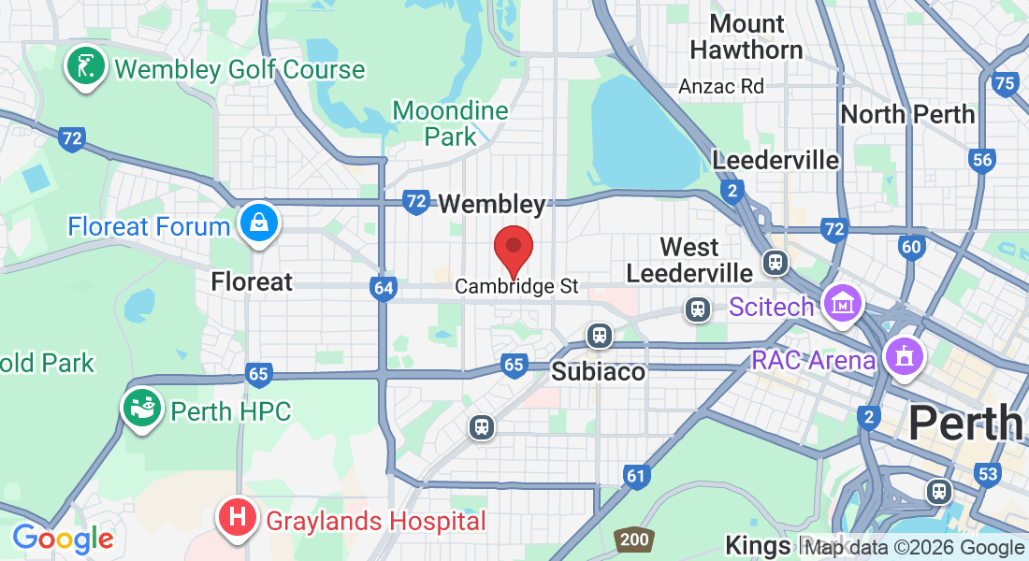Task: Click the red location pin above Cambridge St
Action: click(513, 248)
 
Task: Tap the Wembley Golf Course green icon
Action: click(85, 68)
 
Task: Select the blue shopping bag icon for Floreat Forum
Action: click(257, 224)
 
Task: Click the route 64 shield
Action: click(383, 287)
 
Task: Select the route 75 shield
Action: click(1005, 84)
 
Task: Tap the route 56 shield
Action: click(981, 160)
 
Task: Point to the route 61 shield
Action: click(636, 476)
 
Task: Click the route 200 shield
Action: click(632, 539)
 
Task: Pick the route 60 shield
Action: click(911, 247)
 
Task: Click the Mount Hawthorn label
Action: click(746, 36)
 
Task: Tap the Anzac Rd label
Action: click(721, 86)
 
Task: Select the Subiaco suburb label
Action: click(598, 371)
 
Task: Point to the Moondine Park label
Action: click(450, 123)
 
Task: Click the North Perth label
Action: click(907, 114)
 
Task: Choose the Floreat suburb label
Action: click(252, 281)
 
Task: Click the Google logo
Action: click(63, 538)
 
